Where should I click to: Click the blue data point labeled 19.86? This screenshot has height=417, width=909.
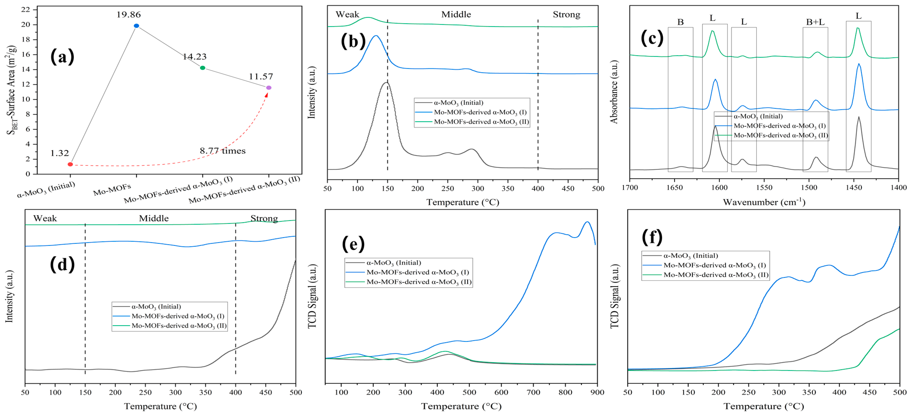[137, 26]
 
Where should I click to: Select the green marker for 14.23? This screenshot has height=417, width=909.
[202, 68]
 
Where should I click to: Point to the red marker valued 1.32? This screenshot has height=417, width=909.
[70, 164]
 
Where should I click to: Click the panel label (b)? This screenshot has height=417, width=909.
[353, 42]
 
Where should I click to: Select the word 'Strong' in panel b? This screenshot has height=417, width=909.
[566, 15]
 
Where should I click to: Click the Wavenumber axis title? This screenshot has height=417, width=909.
[764, 202]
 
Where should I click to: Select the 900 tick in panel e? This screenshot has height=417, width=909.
[597, 392]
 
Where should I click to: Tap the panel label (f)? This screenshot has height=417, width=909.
[652, 237]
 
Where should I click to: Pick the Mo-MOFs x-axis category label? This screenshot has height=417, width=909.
[112, 189]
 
